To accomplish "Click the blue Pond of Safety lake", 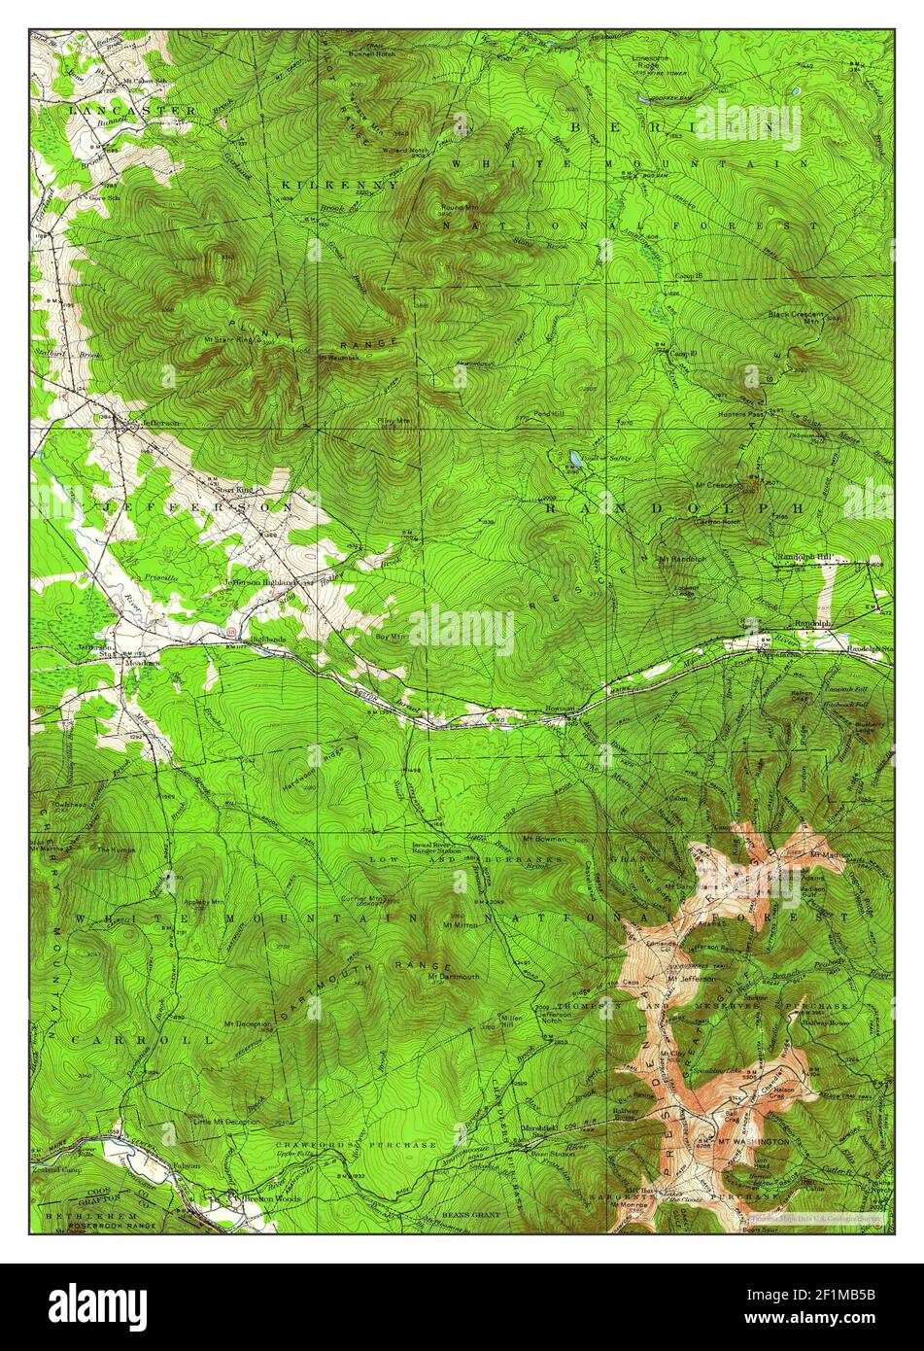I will coord(576,458).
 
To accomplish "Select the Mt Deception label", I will coord(248,1023).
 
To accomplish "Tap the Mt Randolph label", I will coord(682,559).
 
